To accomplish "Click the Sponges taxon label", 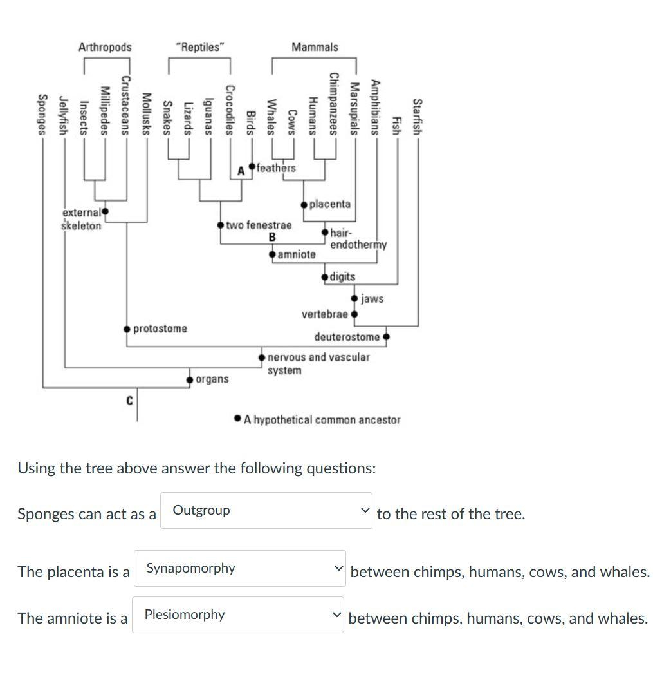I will pos(42,115).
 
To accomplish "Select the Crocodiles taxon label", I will pos(230,110).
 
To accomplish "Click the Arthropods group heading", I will pos(105,47).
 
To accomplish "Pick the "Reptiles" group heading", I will pos(200,47).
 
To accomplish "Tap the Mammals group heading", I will pos(315,47).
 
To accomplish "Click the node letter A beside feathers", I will pos(241,171).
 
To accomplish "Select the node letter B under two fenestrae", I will pos(272,237).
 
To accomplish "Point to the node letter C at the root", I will pos(129,401).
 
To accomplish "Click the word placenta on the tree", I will pos(330,204).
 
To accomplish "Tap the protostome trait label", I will pos(160,329).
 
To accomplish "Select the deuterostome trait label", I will pos(347,337).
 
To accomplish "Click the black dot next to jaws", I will pos(354,298).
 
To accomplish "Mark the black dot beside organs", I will pos(190,379).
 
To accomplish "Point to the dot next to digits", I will pos(325,277).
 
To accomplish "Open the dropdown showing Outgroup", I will pos(266,511).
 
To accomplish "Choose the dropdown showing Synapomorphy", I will pos(239,568).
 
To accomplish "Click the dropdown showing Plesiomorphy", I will pos(238,615).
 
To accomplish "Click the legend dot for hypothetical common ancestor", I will pos(238,419).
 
